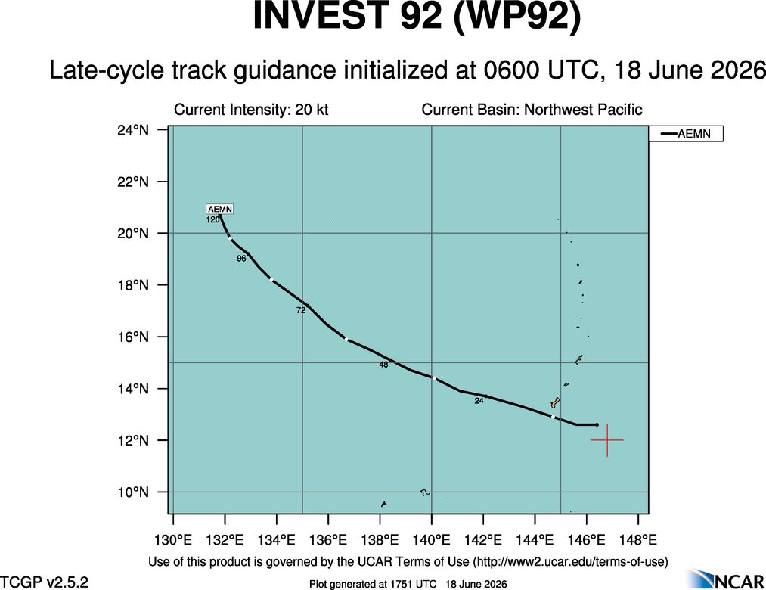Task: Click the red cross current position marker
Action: point(607,440)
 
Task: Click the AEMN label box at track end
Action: point(220,210)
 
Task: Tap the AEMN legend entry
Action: point(685,133)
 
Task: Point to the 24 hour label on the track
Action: point(479,401)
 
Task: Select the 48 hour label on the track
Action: point(383,365)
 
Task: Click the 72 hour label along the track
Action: point(301,310)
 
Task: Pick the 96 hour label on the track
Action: point(241,259)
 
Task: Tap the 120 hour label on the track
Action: point(213,220)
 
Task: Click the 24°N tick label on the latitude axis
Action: point(133,130)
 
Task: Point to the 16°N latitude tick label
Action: point(133,337)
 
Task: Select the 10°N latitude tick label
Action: point(133,492)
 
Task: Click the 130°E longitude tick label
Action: point(173,540)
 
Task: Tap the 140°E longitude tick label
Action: point(431,540)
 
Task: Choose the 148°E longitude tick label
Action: point(638,540)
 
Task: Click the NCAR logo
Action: point(725,579)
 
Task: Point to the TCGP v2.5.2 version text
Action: point(44,582)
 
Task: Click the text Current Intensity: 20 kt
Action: point(251,110)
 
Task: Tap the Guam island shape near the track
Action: point(556,402)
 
